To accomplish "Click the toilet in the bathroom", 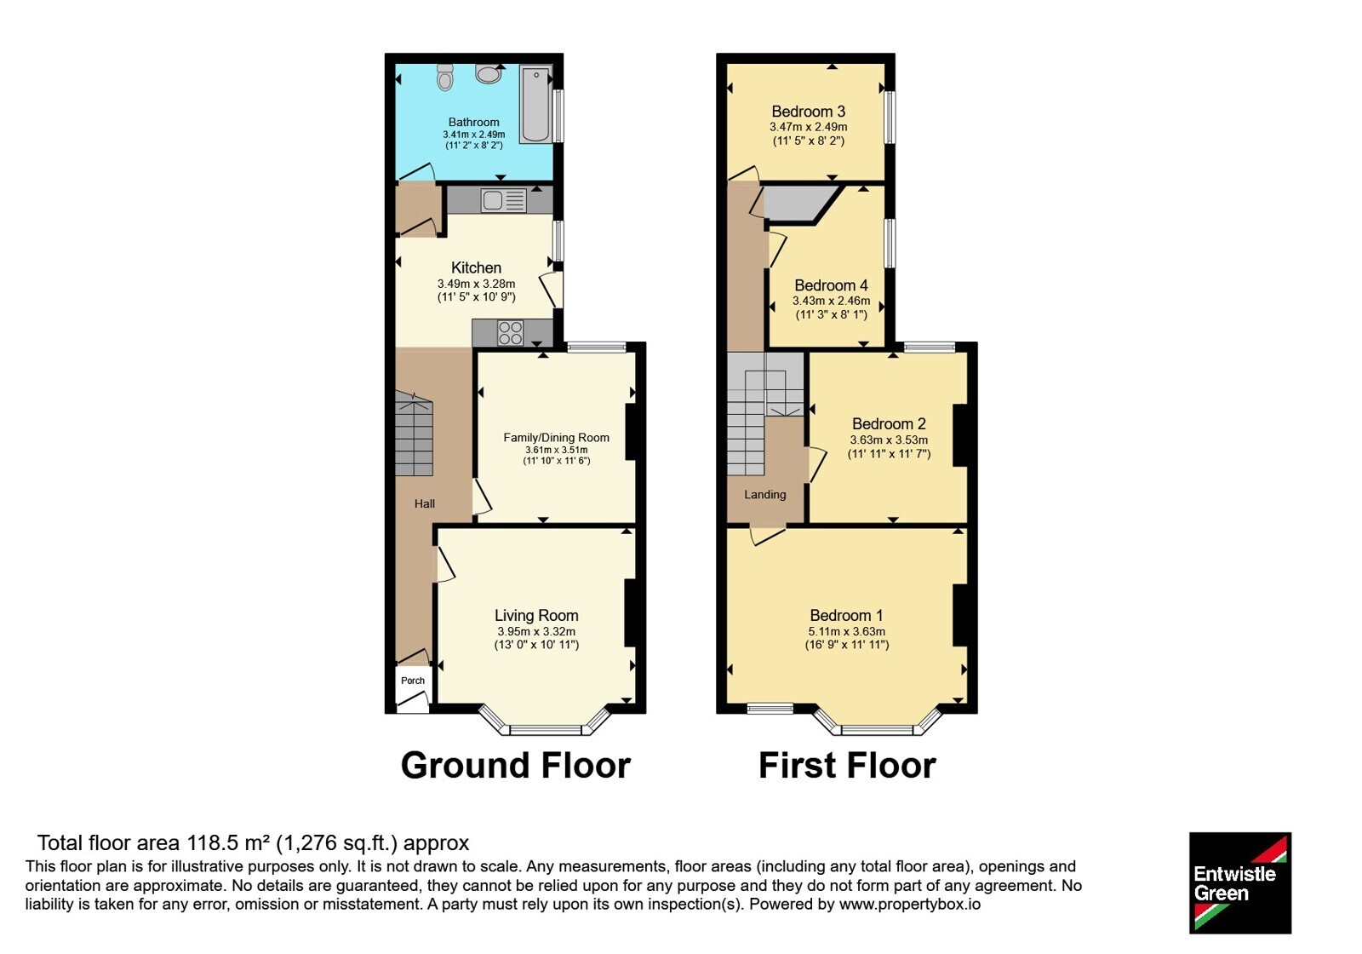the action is point(445,78).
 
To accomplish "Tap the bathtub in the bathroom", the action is point(535,105).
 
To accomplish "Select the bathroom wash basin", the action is point(489,73).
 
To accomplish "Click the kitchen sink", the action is point(503,200).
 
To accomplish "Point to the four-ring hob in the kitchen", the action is point(510,333).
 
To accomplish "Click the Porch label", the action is point(413,681).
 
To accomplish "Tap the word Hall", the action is point(425,503).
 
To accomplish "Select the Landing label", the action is point(765,495).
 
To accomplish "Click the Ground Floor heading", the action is point(516,766).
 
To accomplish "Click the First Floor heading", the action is point(847,766).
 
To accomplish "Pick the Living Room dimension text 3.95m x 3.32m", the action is point(536,631).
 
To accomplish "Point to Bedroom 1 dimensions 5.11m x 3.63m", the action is point(847,631).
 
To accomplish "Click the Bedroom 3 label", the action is point(808,112).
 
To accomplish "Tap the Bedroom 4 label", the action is point(831,285).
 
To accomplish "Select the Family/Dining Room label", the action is point(557,438).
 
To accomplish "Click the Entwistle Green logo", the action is point(1240,882).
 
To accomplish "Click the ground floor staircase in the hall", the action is point(414,434).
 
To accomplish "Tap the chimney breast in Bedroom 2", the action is point(960,435).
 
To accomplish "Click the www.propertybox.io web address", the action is point(910,904).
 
